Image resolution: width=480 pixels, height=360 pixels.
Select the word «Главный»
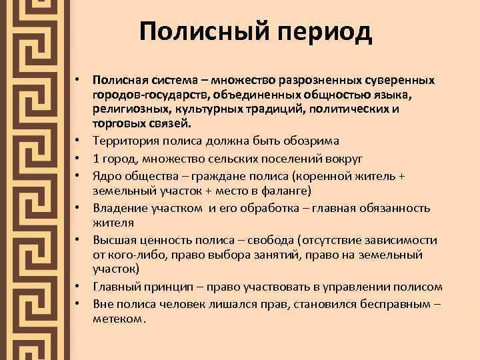[x=117, y=287]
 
